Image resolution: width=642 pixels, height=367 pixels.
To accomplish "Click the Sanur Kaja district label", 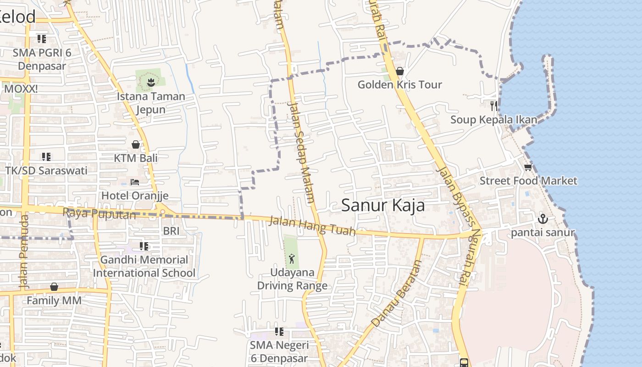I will pyautogui.click(x=383, y=206).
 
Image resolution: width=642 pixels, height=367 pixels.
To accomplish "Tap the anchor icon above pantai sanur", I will pyautogui.click(x=542, y=218).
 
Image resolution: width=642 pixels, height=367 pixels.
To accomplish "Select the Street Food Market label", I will pyautogui.click(x=528, y=181).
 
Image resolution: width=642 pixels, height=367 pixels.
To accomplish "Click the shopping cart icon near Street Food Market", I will pyautogui.click(x=528, y=167).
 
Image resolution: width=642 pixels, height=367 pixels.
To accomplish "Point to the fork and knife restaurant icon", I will pyautogui.click(x=493, y=106).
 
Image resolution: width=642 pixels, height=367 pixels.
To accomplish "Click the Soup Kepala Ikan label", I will pyautogui.click(x=493, y=120).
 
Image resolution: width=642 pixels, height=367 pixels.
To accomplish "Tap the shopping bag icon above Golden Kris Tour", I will pyautogui.click(x=399, y=71).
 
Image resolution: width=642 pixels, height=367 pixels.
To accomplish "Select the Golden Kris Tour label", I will pyautogui.click(x=399, y=84).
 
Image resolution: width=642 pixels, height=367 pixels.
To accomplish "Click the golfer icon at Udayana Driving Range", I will pyautogui.click(x=292, y=259).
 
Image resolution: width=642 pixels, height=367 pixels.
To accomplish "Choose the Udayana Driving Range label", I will pyautogui.click(x=292, y=279).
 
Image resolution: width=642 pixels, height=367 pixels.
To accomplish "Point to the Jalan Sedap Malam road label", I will pyautogui.click(x=301, y=151).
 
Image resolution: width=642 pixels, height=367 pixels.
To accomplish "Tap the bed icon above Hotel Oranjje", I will pyautogui.click(x=135, y=182).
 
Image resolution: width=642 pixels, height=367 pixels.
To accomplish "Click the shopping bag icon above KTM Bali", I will pyautogui.click(x=136, y=145).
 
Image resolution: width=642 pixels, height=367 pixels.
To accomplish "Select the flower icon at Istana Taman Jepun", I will pyautogui.click(x=150, y=83).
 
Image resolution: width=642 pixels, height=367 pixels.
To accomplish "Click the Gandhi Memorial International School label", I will pyautogui.click(x=144, y=267).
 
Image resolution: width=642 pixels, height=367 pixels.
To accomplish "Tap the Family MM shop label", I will pyautogui.click(x=54, y=300).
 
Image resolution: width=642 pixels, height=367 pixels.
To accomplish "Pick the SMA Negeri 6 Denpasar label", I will pyautogui.click(x=279, y=351).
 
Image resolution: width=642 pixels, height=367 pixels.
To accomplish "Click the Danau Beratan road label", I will pyautogui.click(x=397, y=294).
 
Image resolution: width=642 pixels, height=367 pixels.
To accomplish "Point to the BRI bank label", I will pyautogui.click(x=171, y=231).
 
